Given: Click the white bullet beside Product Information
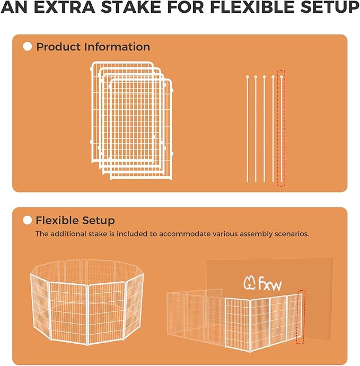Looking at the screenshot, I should [28, 47].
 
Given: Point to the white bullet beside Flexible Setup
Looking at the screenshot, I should [28, 220].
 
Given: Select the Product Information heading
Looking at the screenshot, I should [93, 47].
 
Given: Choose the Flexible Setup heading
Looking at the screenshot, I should [75, 220].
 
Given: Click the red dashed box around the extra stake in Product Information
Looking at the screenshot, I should [282, 128].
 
